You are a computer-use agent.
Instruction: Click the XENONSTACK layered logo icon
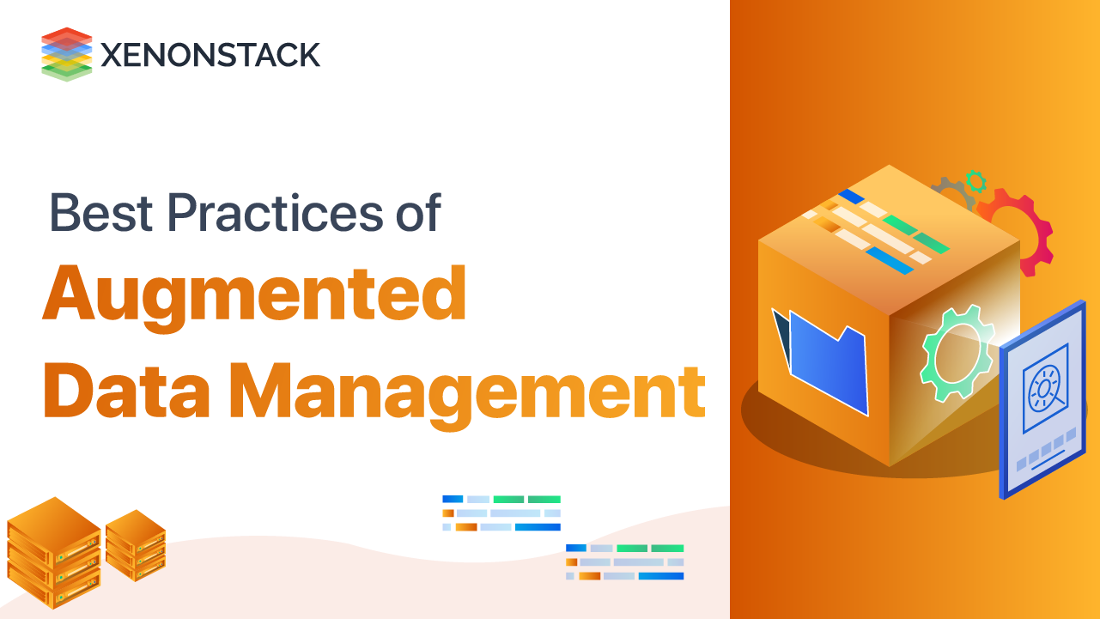pyautogui.click(x=66, y=54)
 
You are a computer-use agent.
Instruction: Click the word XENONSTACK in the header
pyautogui.click(x=210, y=55)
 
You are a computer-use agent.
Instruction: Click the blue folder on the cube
pyautogui.click(x=828, y=360)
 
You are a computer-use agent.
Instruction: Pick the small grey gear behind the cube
pyautogui.click(x=950, y=193)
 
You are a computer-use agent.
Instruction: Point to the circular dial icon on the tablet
pyautogui.click(x=1044, y=387)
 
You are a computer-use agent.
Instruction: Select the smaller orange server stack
pyautogui.click(x=136, y=544)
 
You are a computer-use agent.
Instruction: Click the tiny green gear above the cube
pyautogui.click(x=975, y=180)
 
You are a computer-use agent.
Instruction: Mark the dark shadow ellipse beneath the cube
pyautogui.click(x=773, y=421)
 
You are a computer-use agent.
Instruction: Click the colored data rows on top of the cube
pyautogui.click(x=876, y=231)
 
